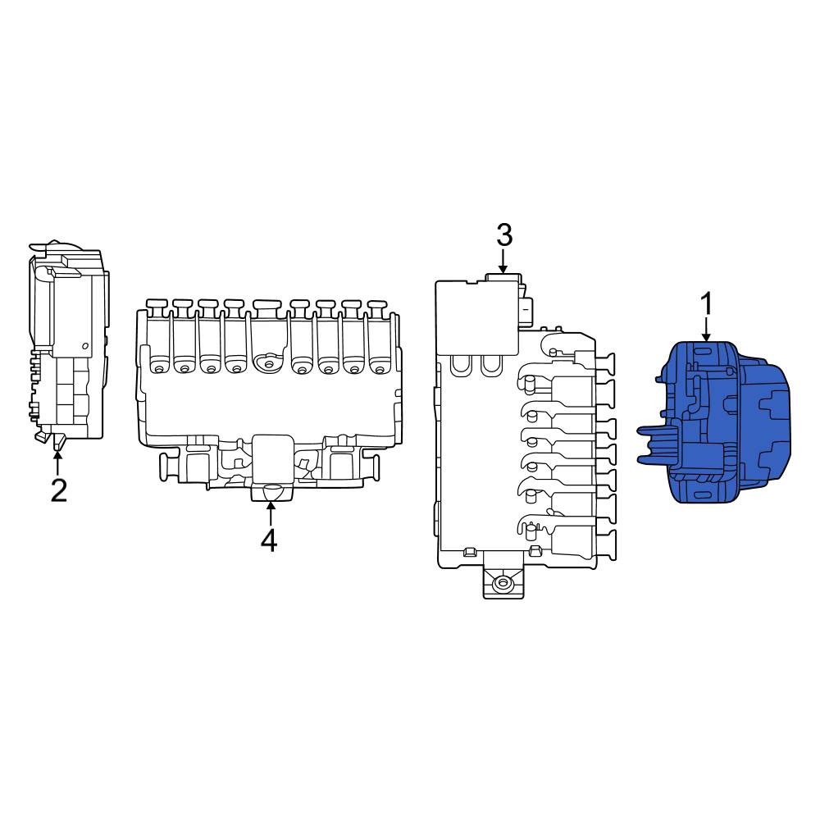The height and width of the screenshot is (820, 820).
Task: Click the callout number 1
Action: (x=706, y=304)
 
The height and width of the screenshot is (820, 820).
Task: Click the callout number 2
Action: (x=58, y=490)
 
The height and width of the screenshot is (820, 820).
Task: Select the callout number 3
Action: (x=503, y=235)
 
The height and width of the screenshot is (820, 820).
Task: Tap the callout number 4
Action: (x=269, y=540)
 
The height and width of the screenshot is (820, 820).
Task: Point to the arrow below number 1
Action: (x=706, y=330)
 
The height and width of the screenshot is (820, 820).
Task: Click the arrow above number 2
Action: (x=57, y=462)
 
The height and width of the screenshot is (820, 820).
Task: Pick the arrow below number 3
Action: (x=503, y=261)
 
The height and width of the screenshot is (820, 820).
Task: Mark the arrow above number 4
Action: (x=270, y=513)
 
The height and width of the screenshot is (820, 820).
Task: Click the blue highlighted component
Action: (x=714, y=422)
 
